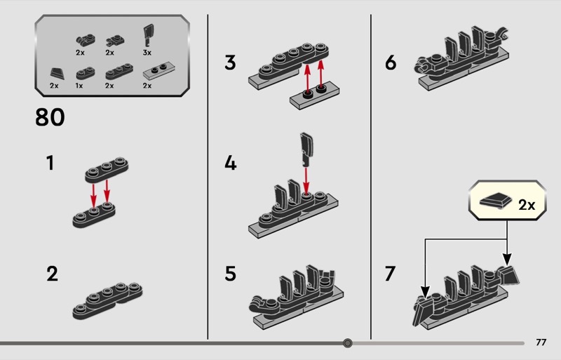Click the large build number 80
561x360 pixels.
point(50,117)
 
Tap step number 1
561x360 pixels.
point(50,163)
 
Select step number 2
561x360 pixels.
point(52,274)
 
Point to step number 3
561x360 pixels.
point(231,62)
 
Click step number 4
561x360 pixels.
point(231,163)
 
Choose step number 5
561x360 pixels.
point(231,274)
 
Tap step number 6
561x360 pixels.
point(391,62)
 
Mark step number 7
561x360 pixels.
point(390,274)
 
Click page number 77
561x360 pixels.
point(541,342)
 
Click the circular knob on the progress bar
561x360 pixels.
point(347,343)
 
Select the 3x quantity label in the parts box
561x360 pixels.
point(147,53)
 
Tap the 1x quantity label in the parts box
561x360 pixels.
point(79,86)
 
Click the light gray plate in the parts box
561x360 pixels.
point(158,71)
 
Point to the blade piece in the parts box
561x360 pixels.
point(149,35)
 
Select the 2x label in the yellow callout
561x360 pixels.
point(527,205)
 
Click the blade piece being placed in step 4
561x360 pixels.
point(306,149)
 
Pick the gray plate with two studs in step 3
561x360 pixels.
point(314,95)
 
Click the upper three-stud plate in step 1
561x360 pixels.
point(107,170)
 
